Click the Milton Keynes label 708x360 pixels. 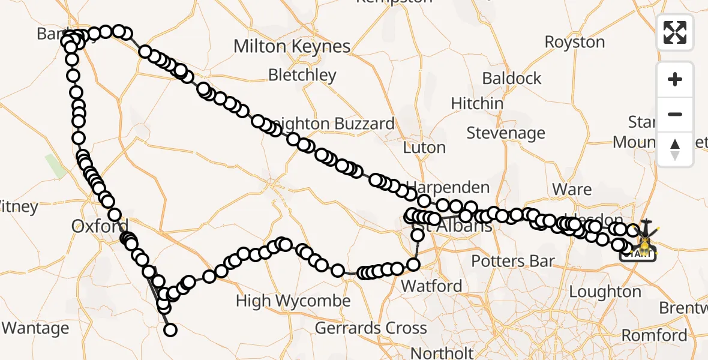coord(292,46)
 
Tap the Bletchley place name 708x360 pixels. coord(302,75)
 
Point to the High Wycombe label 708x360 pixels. coord(293,300)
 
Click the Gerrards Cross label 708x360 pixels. coord(371,328)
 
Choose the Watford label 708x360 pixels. coord(431,286)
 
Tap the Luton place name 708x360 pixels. coord(424,147)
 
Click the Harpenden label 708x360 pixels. coord(448,188)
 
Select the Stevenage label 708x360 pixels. coord(505,133)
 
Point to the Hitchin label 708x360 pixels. coord(477,103)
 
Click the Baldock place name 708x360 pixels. coord(511,78)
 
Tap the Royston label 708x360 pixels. coord(574,42)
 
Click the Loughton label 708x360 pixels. coord(605,292)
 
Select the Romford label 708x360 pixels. coord(654,335)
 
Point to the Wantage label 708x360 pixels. coord(35,328)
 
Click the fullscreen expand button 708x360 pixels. coord(675,32)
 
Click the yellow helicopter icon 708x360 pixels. coord(644,244)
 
